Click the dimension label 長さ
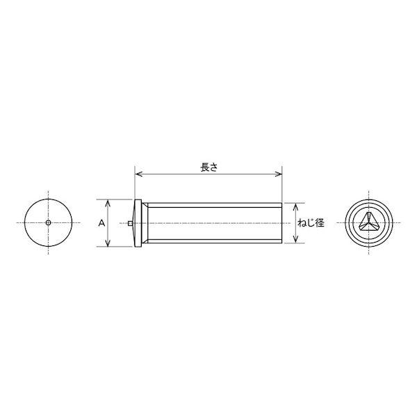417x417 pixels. point(208,167)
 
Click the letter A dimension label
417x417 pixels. point(101,223)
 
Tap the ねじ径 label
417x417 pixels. point(311,223)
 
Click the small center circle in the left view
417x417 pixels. point(48,222)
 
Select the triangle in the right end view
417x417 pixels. point(368,221)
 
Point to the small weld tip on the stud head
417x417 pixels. point(130,223)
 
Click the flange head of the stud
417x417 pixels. point(138,223)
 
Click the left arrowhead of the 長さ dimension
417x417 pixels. point(138,174)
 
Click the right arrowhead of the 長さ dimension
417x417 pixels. point(279,174)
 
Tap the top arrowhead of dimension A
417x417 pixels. point(108,203)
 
